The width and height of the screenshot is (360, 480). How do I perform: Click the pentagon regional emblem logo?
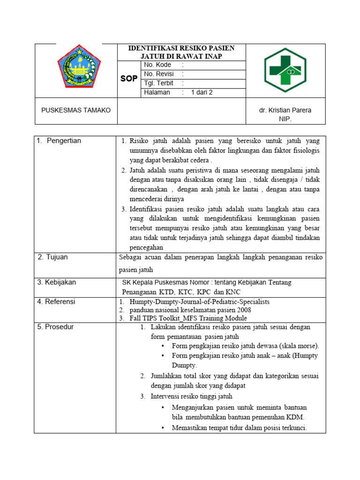(x=78, y=68)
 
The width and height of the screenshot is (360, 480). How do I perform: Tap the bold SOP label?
(x=129, y=79)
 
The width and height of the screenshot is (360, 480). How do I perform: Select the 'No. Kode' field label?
(x=157, y=65)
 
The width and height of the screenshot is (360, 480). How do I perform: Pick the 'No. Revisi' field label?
(x=159, y=74)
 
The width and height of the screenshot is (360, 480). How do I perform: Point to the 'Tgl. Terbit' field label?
(x=159, y=83)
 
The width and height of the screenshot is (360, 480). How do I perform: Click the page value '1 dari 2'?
(x=202, y=92)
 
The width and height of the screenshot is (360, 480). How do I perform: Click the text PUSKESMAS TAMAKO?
(x=76, y=110)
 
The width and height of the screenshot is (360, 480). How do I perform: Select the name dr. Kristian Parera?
(x=285, y=110)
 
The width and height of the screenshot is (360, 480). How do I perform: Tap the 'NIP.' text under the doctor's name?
(x=285, y=119)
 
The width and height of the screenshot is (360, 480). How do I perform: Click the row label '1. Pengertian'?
(x=59, y=141)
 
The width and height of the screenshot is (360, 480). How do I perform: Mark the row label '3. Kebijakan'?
(x=57, y=282)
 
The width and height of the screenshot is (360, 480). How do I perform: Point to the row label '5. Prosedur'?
(x=55, y=327)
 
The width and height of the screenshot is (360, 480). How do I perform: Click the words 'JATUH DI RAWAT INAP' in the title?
(x=182, y=56)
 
